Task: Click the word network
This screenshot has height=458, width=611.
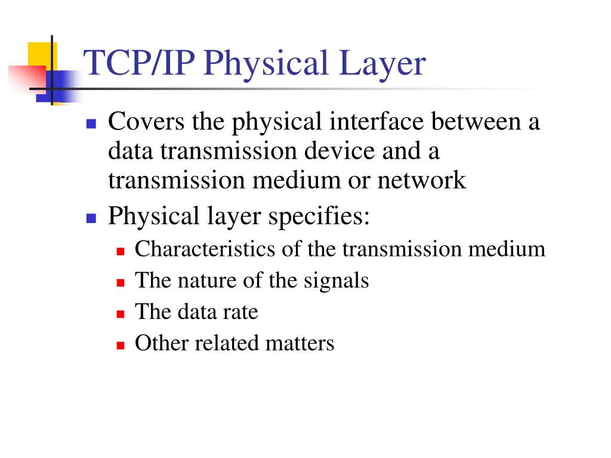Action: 421,180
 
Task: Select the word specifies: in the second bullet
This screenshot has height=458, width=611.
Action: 319,216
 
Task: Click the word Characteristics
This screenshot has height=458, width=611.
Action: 206,249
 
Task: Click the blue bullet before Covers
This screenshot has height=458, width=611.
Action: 91,124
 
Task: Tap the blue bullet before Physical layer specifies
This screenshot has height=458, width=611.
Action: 91,218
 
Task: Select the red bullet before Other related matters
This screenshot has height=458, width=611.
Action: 120,345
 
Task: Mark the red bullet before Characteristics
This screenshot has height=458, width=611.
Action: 120,250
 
